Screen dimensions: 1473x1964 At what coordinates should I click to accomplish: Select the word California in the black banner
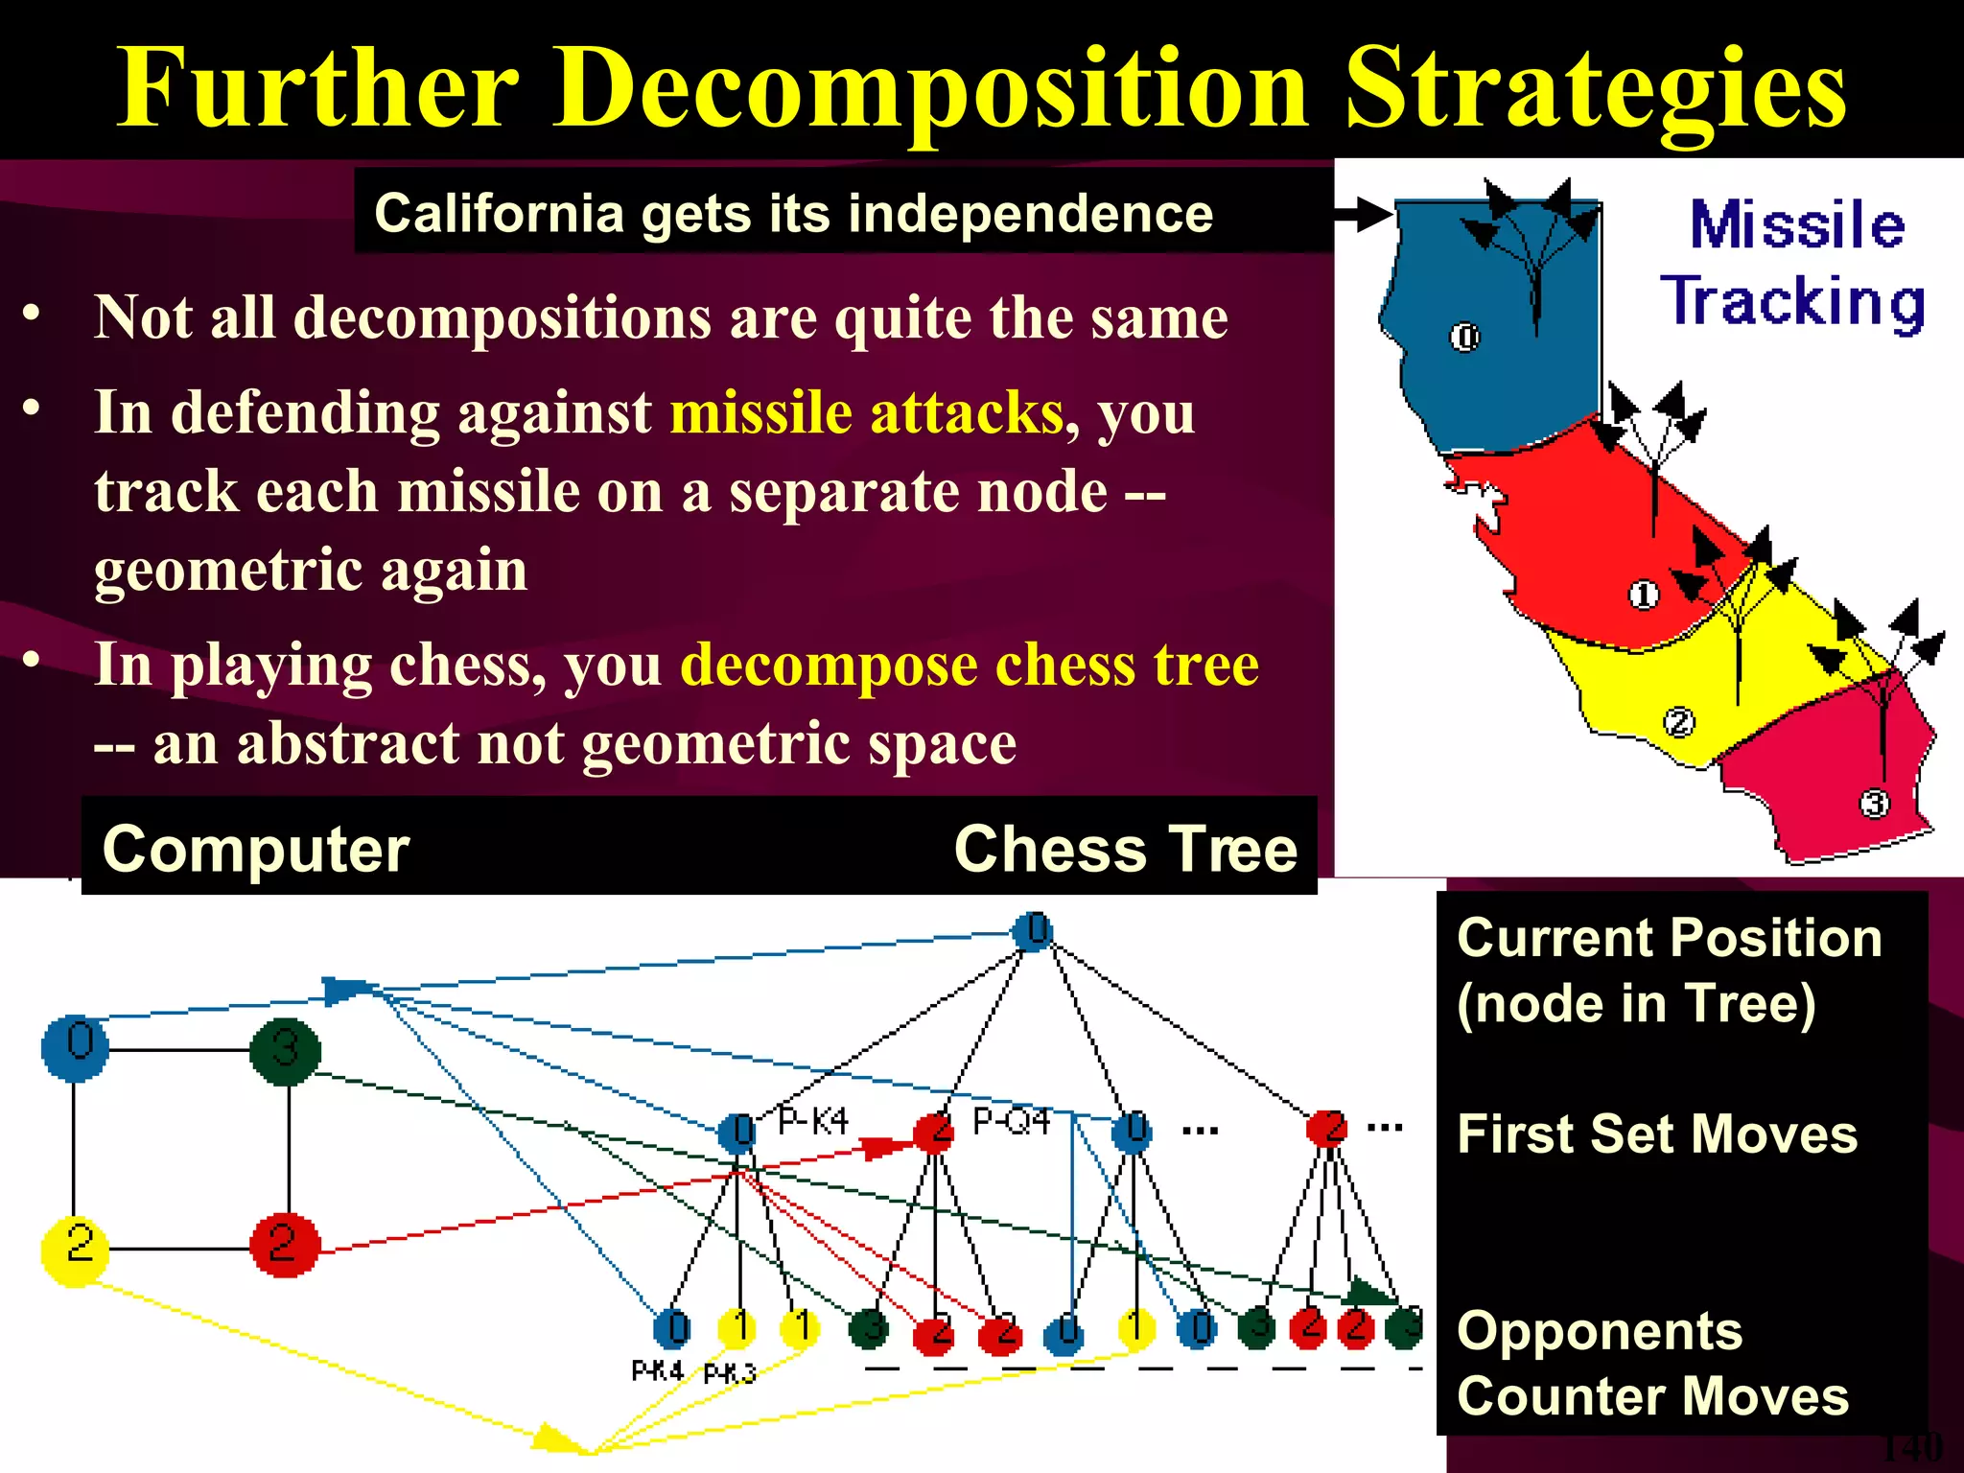[499, 213]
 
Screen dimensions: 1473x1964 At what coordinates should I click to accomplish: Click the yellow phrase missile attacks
[867, 412]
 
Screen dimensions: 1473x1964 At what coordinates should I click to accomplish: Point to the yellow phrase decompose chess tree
[969, 664]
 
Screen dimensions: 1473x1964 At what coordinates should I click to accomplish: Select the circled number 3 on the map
[1874, 803]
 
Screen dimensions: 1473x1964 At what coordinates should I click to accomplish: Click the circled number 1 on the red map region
[1643, 595]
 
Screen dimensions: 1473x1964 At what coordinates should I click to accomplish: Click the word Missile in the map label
[1797, 226]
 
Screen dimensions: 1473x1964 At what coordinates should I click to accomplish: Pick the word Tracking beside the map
[1793, 302]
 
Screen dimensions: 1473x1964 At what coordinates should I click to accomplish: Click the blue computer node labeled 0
[75, 1047]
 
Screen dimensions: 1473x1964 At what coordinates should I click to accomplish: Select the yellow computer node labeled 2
[75, 1247]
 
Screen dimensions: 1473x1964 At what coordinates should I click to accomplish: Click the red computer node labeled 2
[284, 1245]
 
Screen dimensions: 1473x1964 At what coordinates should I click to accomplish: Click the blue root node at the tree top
[1033, 931]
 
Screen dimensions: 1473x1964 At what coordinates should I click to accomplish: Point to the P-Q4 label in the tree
[1011, 1120]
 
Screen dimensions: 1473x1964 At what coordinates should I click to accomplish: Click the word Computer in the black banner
[256, 850]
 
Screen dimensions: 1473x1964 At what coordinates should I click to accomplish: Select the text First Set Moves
[1657, 1134]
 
